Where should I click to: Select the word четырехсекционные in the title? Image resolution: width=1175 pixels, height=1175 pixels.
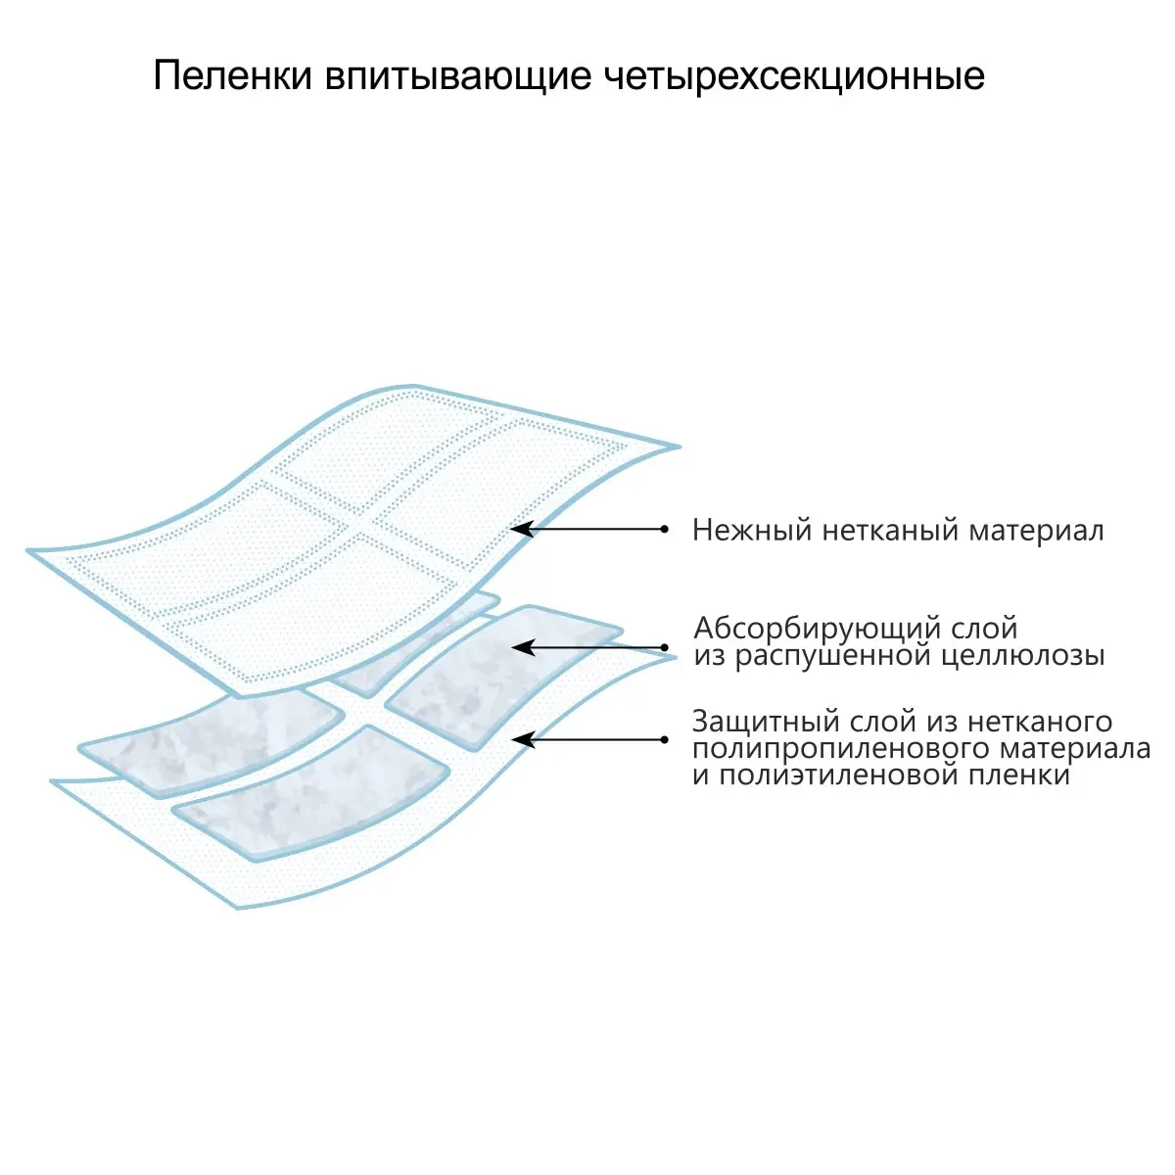794,76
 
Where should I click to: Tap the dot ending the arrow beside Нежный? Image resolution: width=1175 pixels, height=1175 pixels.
665,529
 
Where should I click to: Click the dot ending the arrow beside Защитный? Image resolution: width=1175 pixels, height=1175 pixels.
665,739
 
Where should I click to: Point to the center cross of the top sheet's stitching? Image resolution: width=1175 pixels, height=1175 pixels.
359,529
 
